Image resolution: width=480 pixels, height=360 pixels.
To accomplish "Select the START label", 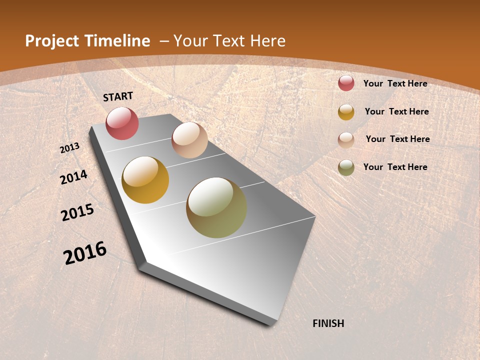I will point(118,96).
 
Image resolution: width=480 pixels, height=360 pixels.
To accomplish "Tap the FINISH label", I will point(328,323).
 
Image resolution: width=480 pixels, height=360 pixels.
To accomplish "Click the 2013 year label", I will point(70,148).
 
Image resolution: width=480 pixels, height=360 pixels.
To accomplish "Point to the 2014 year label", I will point(74,177).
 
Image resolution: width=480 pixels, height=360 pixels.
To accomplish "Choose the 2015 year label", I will point(77,212).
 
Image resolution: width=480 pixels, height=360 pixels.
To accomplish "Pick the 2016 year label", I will point(85,253).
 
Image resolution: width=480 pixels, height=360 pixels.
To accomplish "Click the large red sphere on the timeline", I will point(122,123).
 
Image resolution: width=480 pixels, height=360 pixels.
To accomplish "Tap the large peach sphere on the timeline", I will point(189,140).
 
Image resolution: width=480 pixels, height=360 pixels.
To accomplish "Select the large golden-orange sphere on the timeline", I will point(145,180).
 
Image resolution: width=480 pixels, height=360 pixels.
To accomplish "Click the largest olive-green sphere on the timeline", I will point(216,207).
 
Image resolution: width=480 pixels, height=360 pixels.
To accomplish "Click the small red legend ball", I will point(346,83).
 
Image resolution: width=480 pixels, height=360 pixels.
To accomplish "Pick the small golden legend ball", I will point(346,111).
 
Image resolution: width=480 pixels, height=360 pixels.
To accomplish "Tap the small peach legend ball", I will point(346,139).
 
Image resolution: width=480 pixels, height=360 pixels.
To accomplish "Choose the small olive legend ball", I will point(346,167).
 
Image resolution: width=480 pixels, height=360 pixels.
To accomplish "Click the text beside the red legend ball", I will point(395,83).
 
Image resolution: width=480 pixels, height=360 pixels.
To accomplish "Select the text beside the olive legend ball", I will point(395,167).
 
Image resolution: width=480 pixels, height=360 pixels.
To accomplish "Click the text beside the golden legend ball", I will point(397,111).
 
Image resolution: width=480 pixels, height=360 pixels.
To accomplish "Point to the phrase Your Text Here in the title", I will point(229,41).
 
